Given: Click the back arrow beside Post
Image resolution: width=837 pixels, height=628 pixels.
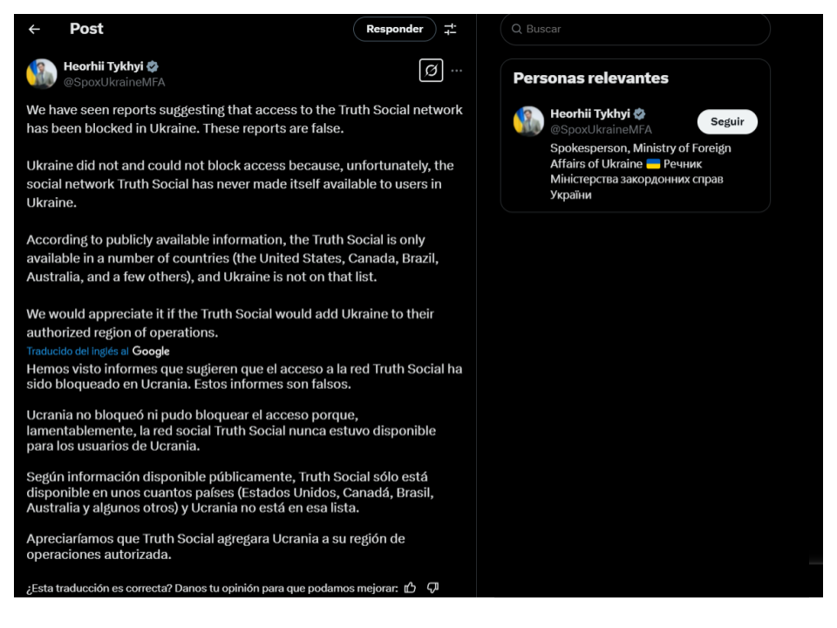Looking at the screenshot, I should [34, 29].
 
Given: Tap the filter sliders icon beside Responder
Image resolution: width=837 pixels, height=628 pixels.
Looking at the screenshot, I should [450, 29].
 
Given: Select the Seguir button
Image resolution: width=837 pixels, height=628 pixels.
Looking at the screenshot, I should [727, 122].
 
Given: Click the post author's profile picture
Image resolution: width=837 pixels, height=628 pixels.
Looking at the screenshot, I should [42, 74].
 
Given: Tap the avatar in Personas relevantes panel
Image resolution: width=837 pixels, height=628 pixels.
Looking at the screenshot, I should [528, 121].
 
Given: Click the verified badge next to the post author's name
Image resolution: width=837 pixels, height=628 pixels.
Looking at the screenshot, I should [153, 66].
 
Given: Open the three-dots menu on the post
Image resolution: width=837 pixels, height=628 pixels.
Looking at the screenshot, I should [457, 71].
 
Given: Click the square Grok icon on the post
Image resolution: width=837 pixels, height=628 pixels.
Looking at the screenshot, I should [431, 70].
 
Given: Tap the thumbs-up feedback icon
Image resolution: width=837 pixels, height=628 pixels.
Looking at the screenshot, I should [410, 587].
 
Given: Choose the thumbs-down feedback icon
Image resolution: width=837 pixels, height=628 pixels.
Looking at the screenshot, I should [432, 587].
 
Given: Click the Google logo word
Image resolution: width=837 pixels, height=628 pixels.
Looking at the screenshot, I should [151, 352].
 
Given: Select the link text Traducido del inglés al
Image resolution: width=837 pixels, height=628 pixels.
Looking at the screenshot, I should [78, 352].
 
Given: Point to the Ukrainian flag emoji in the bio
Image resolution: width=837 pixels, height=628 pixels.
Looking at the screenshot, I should [653, 164].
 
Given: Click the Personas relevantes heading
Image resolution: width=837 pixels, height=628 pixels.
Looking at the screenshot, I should [590, 78].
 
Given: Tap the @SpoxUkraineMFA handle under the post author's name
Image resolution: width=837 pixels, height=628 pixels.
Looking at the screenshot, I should [114, 82].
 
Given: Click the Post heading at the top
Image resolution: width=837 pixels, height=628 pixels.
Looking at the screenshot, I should [86, 29].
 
